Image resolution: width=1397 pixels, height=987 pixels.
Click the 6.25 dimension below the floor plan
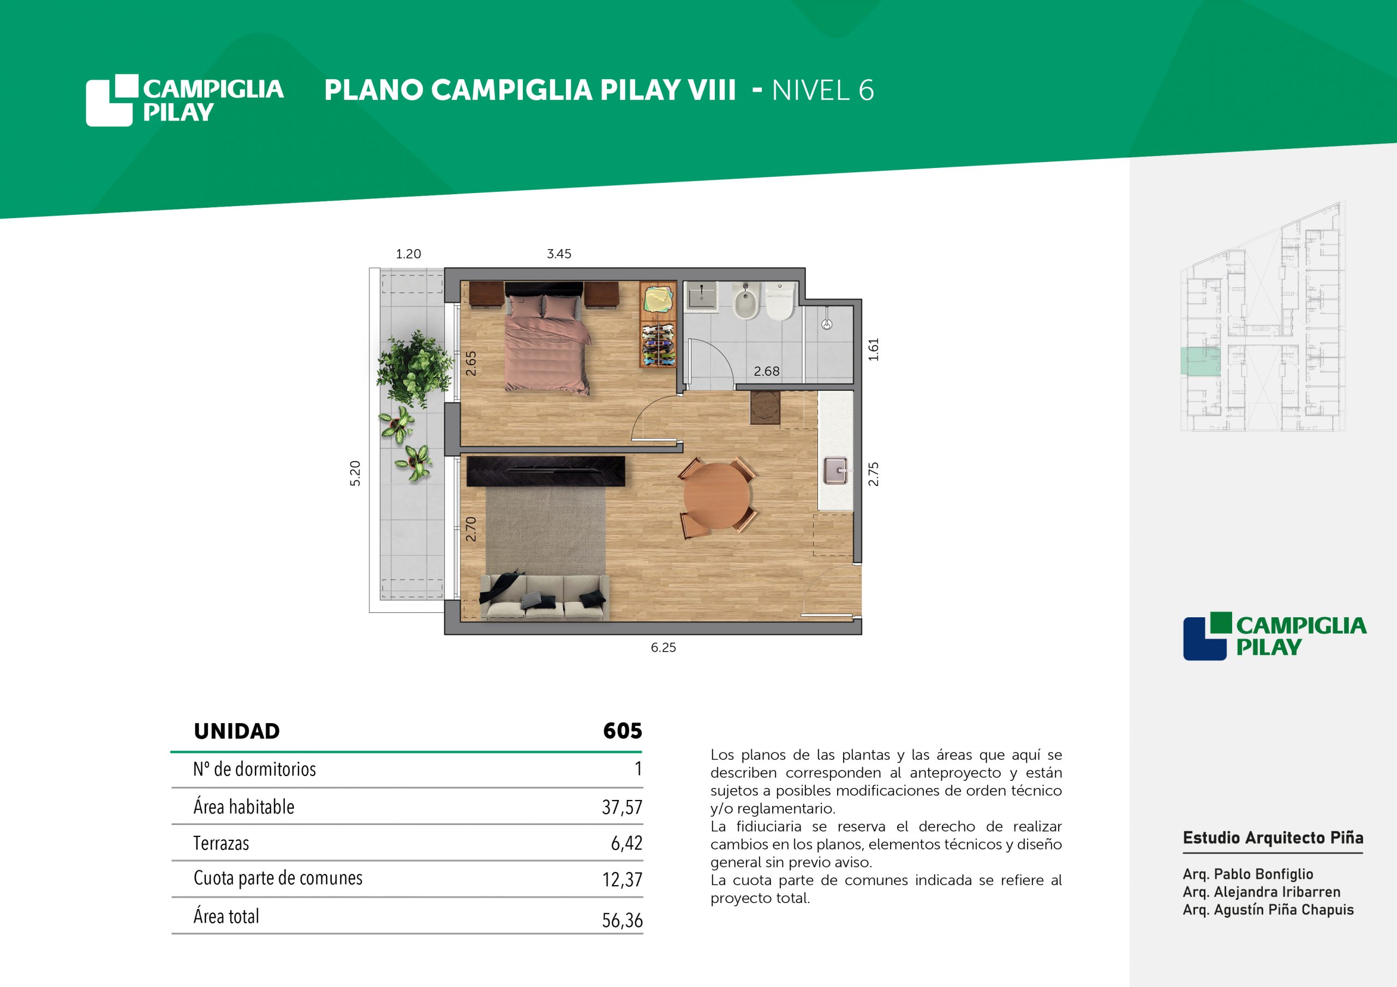(663, 648)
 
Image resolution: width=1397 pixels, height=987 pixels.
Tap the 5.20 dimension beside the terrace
(355, 473)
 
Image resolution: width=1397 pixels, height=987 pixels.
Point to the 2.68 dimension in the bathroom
(767, 371)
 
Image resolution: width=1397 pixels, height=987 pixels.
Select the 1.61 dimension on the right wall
(874, 350)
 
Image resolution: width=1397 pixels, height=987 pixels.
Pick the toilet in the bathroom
(780, 301)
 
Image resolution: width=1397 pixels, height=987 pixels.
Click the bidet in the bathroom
(746, 302)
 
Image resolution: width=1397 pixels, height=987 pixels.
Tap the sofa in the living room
(545, 597)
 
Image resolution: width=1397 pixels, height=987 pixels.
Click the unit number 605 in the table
(623, 730)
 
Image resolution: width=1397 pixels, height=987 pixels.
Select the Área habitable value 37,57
(622, 807)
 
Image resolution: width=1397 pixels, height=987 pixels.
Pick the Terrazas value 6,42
(626, 843)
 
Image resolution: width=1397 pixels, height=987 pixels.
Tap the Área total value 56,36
(622, 920)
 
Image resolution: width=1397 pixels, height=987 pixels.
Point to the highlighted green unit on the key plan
(1201, 361)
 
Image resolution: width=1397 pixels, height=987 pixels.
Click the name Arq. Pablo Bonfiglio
(1248, 874)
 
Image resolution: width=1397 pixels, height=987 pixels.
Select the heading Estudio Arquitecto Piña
(1273, 838)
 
